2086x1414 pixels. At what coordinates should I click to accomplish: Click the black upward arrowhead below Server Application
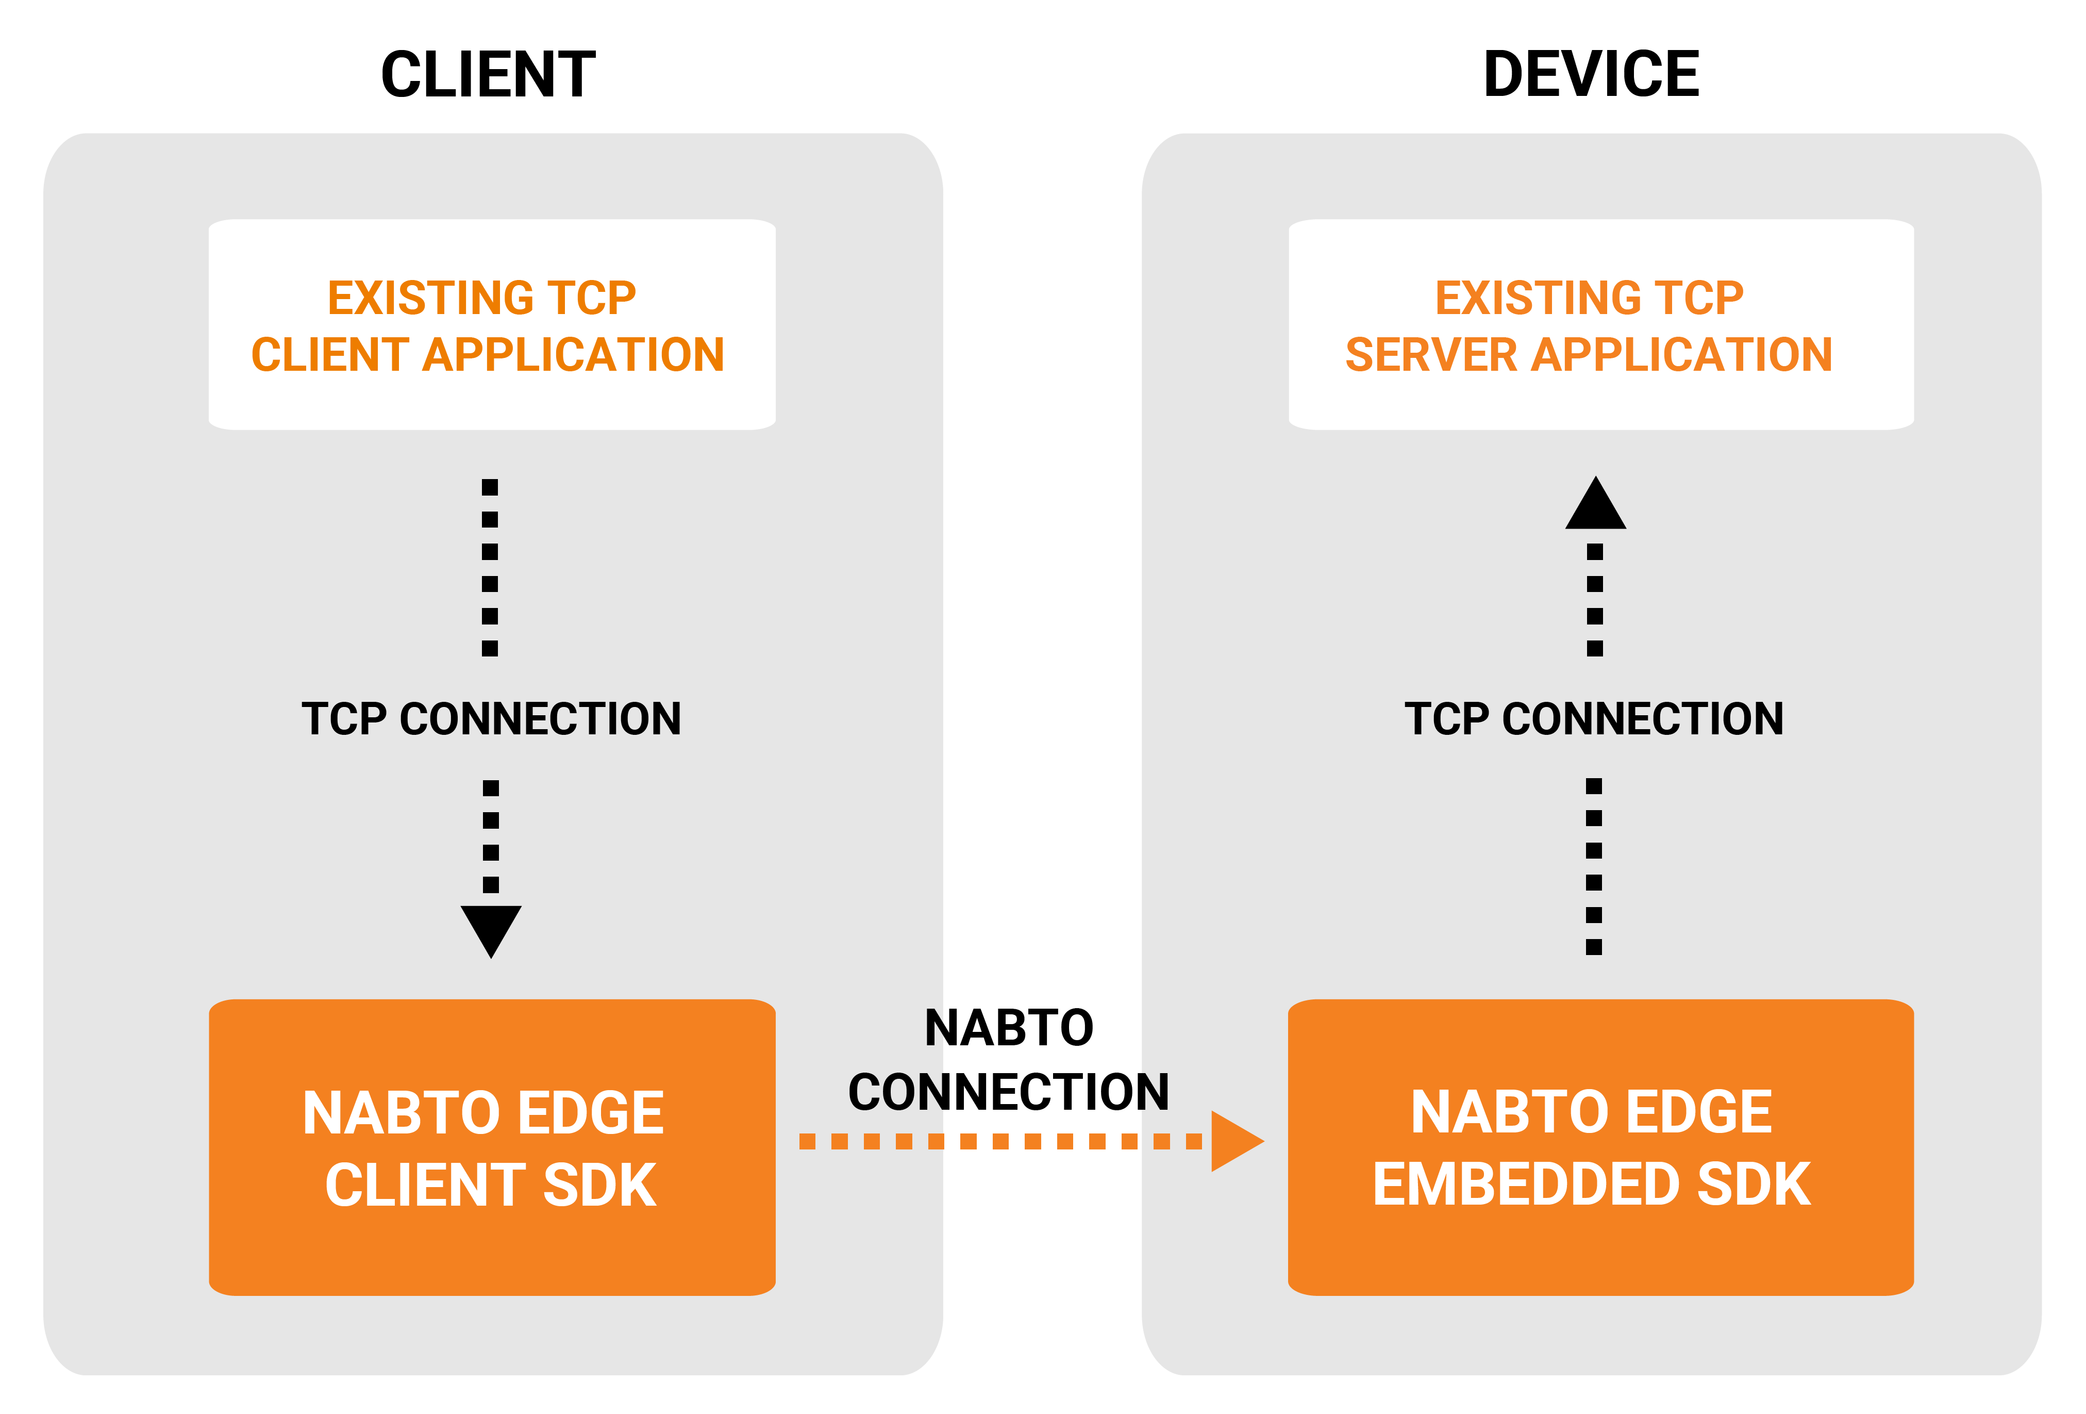tap(1595, 505)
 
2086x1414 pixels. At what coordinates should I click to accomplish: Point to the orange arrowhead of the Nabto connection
tap(1234, 1141)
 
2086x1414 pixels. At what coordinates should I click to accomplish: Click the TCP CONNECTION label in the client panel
tap(491, 719)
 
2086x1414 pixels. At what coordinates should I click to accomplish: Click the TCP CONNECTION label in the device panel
tap(1594, 719)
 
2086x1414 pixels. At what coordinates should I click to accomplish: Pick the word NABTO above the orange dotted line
tap(1009, 1028)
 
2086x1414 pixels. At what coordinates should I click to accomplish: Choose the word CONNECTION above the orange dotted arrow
tap(1009, 1093)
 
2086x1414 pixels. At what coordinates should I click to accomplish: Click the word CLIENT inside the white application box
tap(329, 355)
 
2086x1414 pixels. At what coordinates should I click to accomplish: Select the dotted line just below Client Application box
tap(490, 567)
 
